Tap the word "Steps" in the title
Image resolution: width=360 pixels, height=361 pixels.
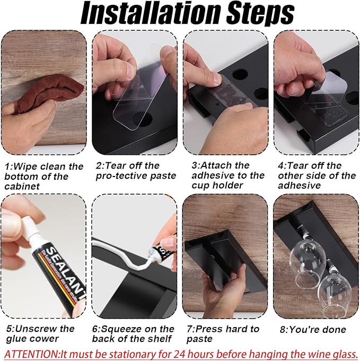click(260, 14)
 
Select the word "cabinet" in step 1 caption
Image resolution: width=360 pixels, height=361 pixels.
click(22, 186)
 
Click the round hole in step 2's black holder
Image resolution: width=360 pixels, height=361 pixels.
click(143, 119)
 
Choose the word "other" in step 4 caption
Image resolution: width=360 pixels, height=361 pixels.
click(291, 175)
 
